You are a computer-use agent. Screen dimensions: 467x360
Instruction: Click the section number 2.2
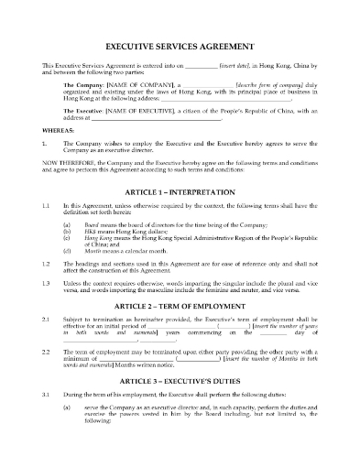(x=45, y=376)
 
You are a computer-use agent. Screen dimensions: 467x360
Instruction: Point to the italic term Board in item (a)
(x=86, y=224)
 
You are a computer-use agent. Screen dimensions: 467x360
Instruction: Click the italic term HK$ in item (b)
(x=84, y=233)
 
